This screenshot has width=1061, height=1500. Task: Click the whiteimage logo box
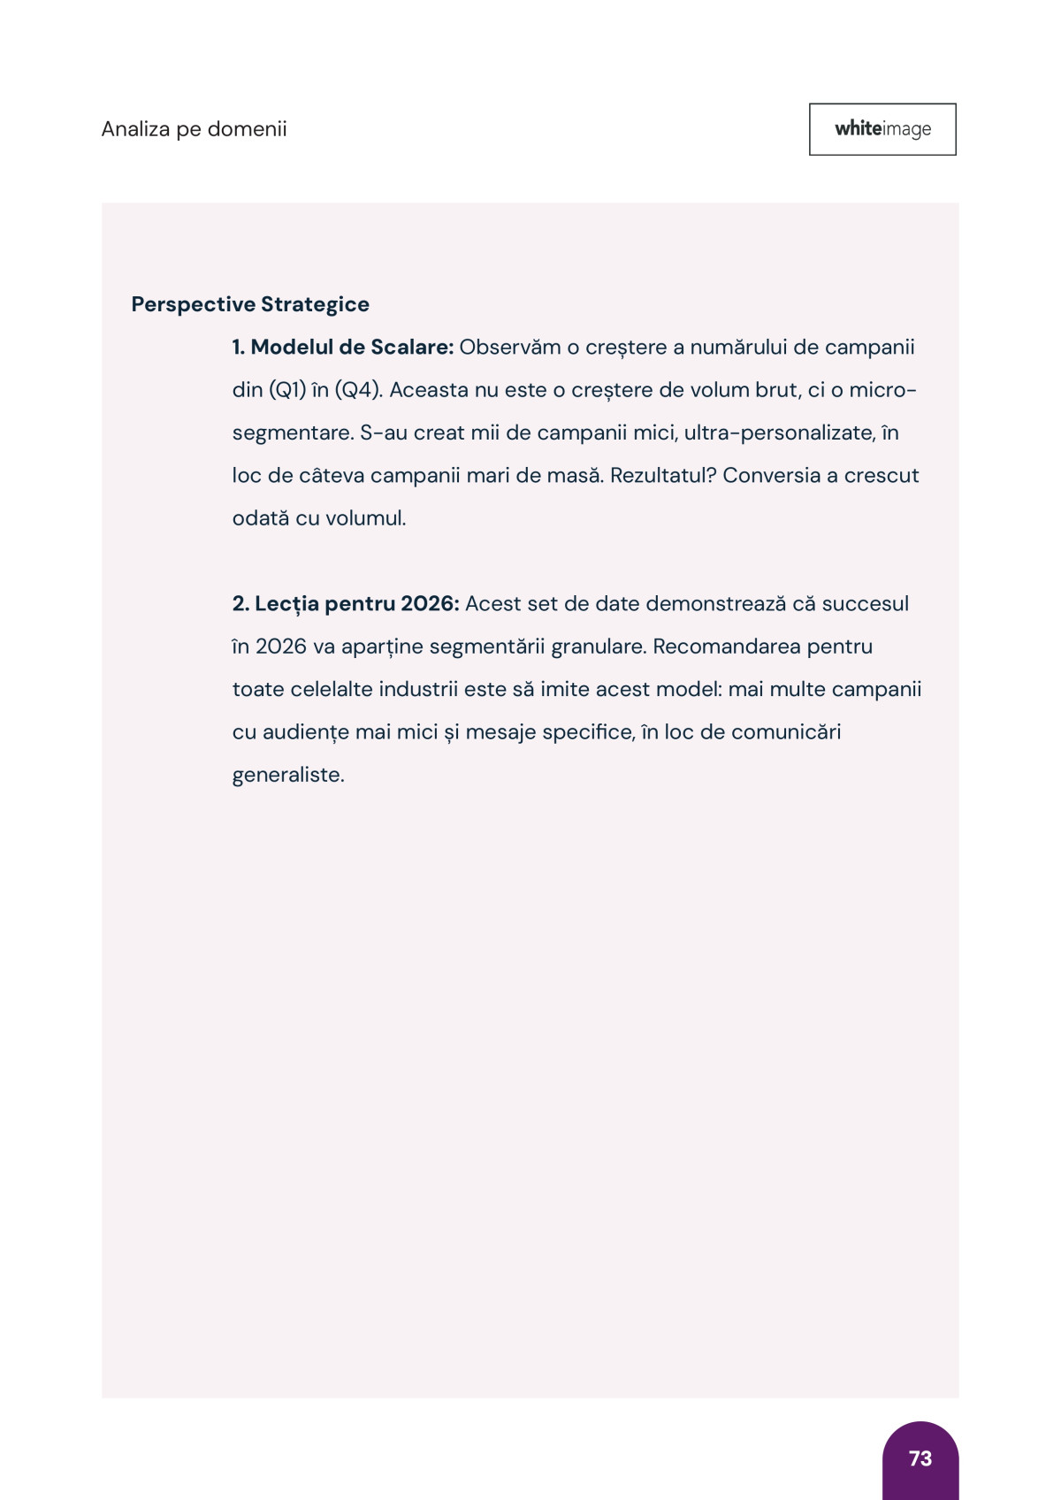coord(882,129)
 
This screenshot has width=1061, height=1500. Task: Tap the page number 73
coord(920,1458)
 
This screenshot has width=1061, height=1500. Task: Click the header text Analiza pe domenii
coord(194,129)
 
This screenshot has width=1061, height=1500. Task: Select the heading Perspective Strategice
coord(250,304)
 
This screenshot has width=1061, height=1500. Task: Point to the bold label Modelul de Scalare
coord(343,347)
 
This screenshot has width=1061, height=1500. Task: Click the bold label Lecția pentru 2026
coord(346,603)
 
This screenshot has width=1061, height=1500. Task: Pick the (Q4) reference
coord(358,390)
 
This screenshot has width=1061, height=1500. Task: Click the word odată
coord(260,517)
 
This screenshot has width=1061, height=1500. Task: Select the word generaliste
coord(287,775)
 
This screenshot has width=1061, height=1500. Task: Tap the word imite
coord(564,689)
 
